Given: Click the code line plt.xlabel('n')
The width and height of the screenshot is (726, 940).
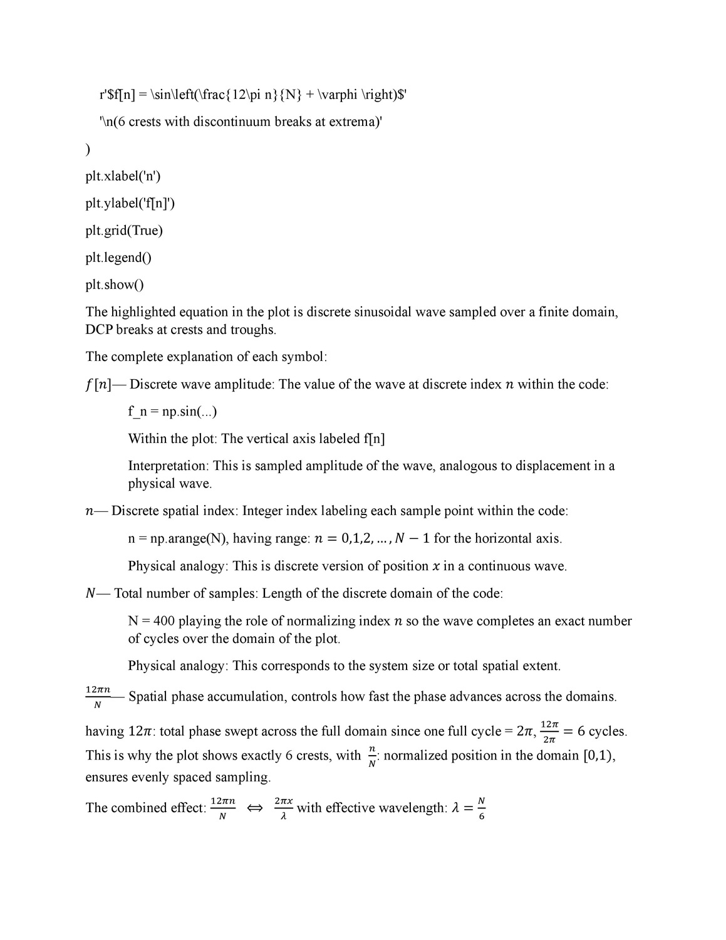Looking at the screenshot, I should pos(123,176).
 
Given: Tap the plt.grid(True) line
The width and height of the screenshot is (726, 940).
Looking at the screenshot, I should pos(123,231).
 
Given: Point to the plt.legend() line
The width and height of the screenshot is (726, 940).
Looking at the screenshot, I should pos(118,258).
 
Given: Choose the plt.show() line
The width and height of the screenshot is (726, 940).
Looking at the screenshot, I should pos(114,285).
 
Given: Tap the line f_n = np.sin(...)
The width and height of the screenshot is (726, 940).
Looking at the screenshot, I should pos(173,412).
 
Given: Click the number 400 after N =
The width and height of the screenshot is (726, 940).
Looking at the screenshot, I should pos(163,621).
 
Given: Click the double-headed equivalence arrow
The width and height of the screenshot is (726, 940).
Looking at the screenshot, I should pos(255,808).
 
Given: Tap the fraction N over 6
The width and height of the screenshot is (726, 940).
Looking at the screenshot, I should pos(481,808).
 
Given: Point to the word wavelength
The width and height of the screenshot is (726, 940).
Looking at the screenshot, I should pos(410,808).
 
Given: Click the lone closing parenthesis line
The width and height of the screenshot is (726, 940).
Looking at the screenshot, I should pos(88,149).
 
